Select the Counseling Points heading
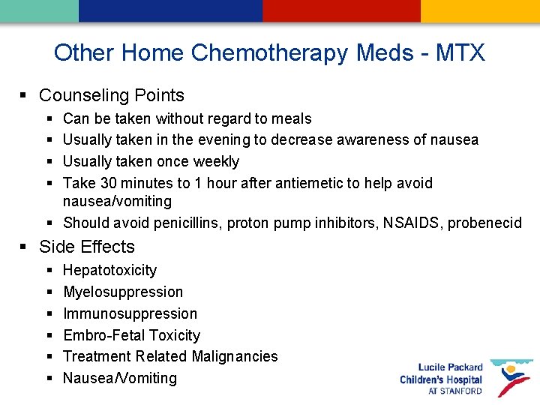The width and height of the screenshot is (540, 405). [x=111, y=95]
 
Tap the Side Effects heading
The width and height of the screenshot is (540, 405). [x=86, y=247]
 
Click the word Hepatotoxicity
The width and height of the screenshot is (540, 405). [x=109, y=270]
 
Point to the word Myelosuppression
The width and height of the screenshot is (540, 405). [x=123, y=292]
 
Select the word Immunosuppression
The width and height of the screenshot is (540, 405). [x=130, y=313]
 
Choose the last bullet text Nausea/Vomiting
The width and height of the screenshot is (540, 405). [x=120, y=378]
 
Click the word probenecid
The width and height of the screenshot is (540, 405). [x=485, y=223]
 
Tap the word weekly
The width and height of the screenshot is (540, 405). [x=217, y=161]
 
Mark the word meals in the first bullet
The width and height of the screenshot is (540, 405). [x=292, y=118]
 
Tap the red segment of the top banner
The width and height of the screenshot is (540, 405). [x=341, y=10]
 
